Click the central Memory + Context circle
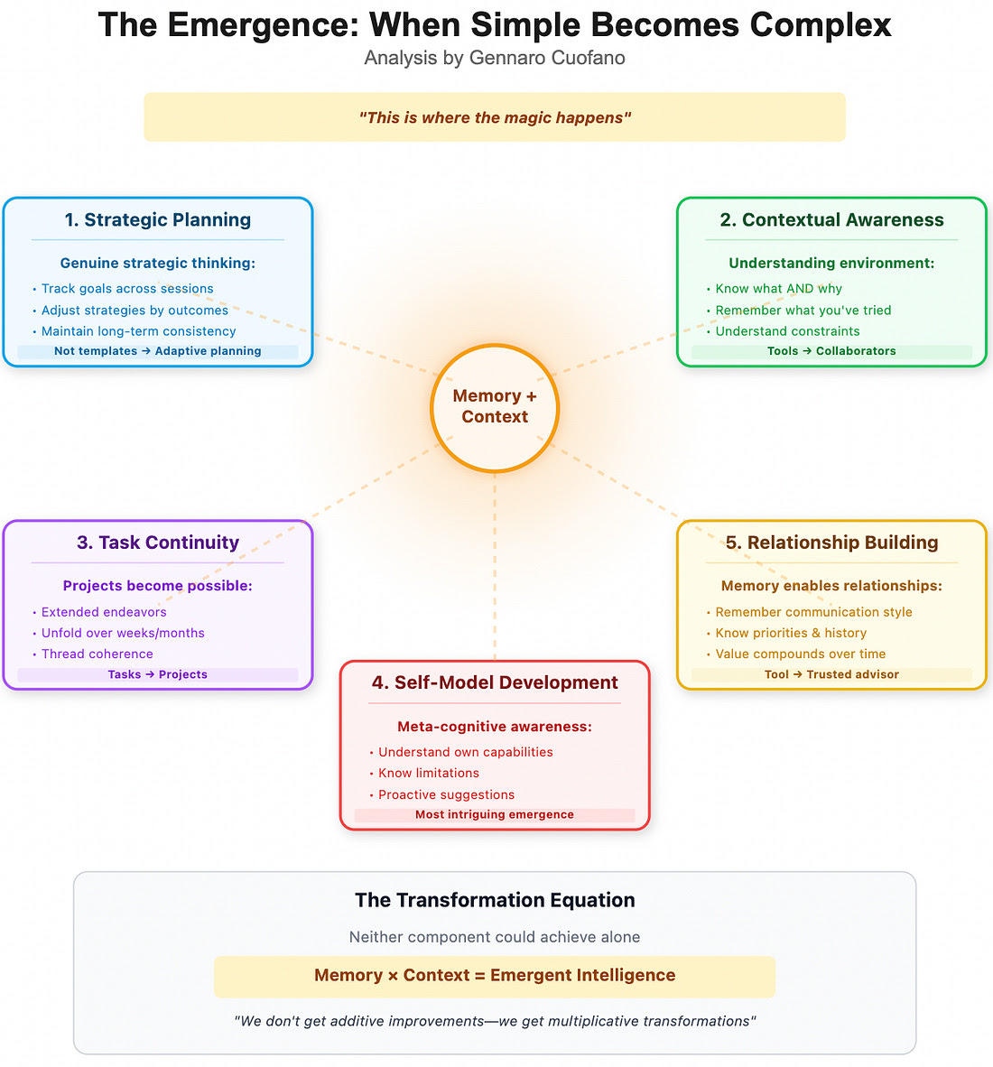pos(495,408)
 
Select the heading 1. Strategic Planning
pos(158,219)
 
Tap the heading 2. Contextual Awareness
pos(831,219)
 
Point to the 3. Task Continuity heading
pos(158,543)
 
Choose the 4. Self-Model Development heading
pos(495,682)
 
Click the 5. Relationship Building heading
pos(831,543)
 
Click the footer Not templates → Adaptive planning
pos(158,351)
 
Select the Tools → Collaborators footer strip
pos(831,351)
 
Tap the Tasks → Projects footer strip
pos(158,674)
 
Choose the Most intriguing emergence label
pos(495,814)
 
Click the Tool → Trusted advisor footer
pos(831,674)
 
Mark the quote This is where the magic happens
pos(495,117)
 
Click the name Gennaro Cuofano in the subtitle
pos(547,58)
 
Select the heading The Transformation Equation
pos(495,900)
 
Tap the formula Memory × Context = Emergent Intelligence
pos(495,975)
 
